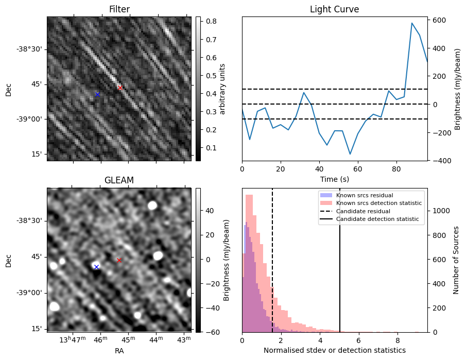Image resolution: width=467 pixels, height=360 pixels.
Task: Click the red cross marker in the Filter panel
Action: click(120, 88)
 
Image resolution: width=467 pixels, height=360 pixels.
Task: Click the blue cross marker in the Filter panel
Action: click(97, 94)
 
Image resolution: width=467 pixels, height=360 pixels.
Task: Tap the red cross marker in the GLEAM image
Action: click(119, 260)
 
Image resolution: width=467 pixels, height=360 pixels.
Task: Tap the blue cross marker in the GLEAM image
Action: click(96, 267)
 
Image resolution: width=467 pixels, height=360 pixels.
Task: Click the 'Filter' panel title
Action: click(119, 9)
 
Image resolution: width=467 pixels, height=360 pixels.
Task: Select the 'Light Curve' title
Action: click(334, 9)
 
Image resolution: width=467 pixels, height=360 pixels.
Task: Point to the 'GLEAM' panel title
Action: click(119, 180)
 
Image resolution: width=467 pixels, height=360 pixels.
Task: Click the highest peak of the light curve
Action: click(412, 23)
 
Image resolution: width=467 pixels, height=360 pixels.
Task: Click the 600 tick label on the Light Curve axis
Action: click(438, 20)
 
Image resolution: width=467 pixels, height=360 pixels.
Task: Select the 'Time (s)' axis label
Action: click(334, 179)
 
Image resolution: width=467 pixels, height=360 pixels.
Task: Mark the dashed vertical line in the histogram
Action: click(272, 258)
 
